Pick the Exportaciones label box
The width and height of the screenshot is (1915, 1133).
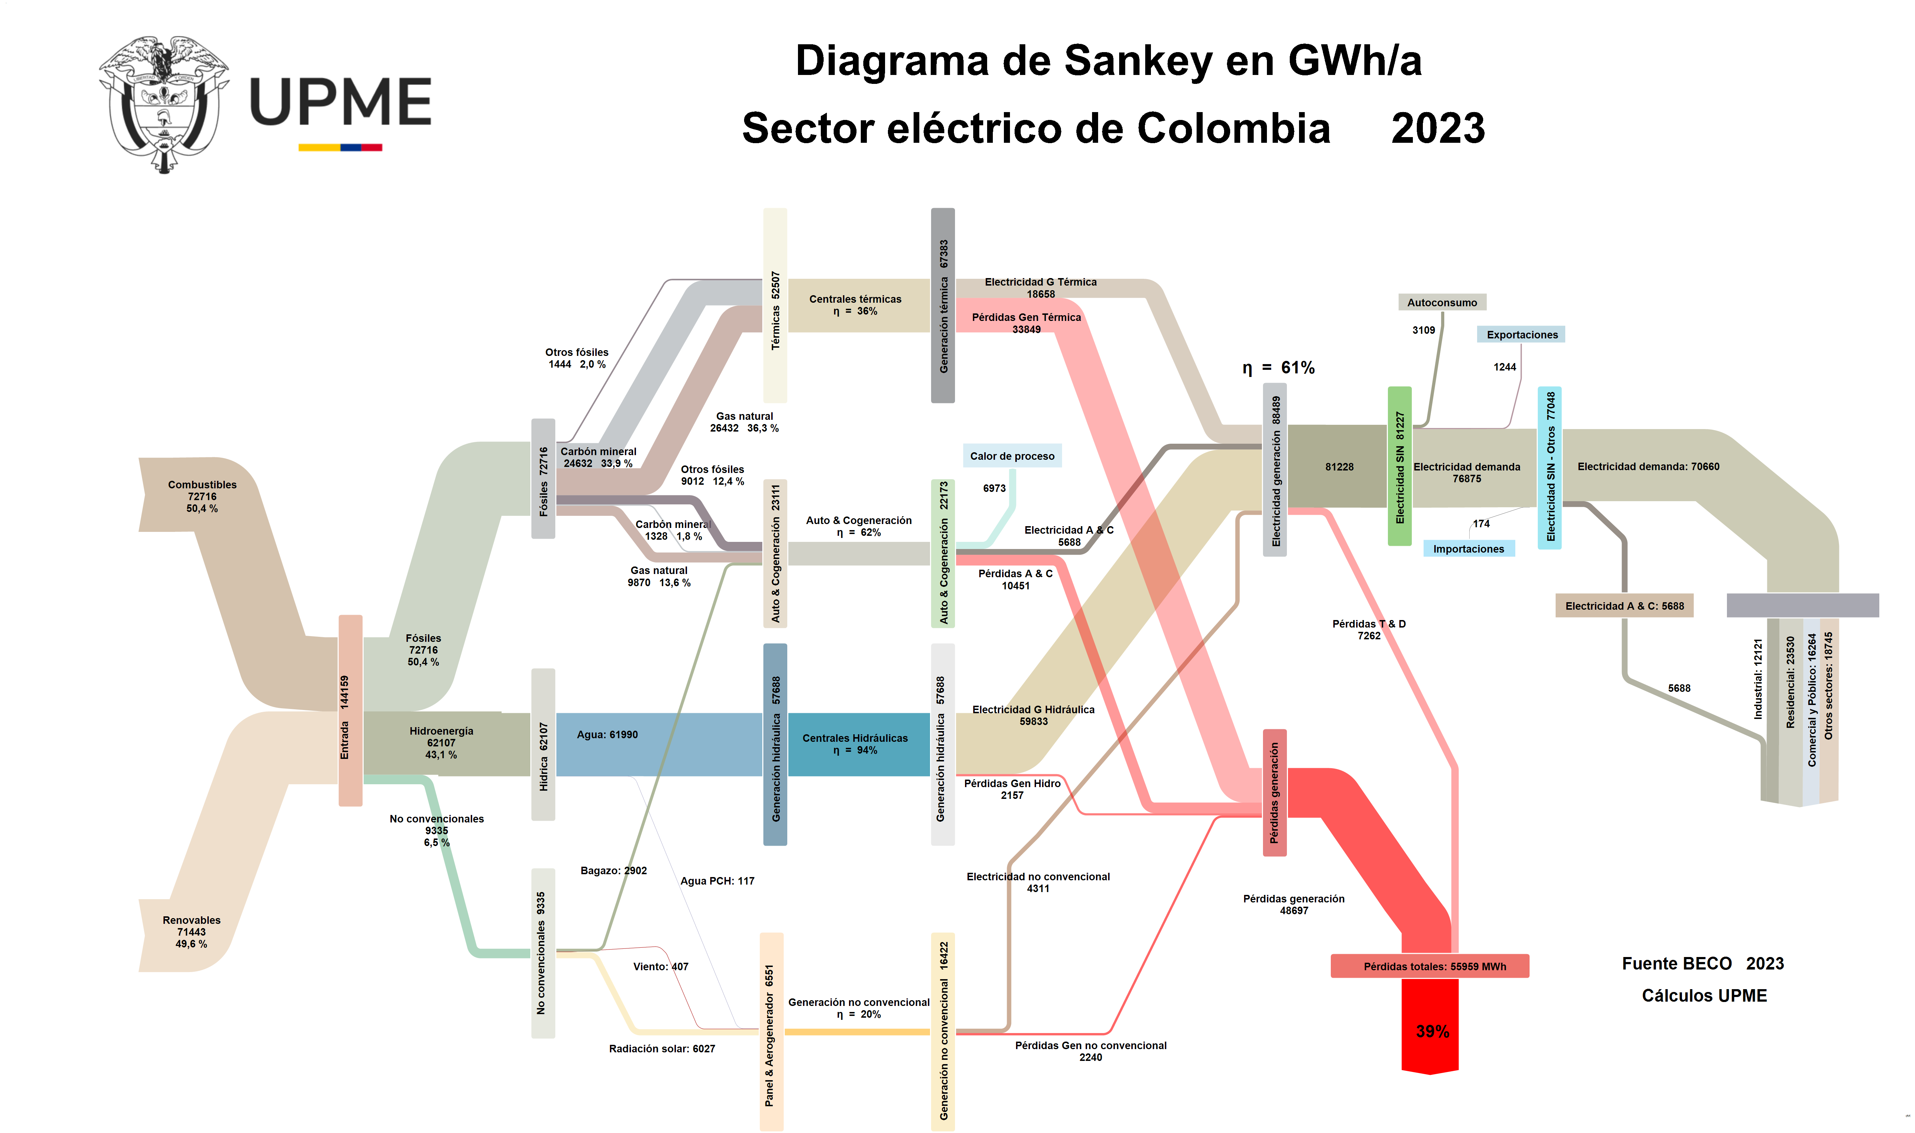click(1521, 334)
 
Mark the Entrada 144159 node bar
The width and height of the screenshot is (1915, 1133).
click(350, 710)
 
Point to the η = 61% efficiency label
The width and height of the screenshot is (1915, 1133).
click(1278, 368)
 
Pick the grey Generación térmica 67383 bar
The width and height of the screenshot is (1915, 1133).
click(943, 306)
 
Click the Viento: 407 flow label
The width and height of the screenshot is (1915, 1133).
click(660, 967)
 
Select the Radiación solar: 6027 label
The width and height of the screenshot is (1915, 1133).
click(662, 1049)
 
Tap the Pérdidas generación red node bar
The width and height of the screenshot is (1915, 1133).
click(1274, 792)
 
